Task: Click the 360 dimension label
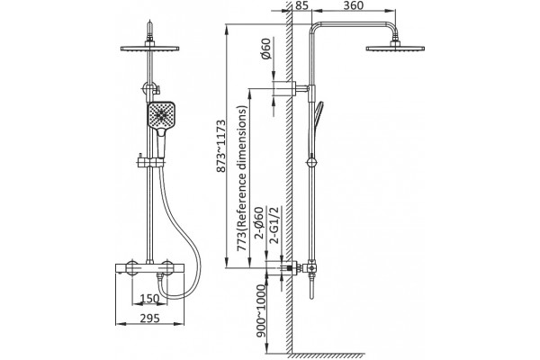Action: point(354,6)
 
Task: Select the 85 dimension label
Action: point(302,6)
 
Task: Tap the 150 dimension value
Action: point(149,298)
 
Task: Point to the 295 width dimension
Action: point(149,319)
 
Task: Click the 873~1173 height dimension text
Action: point(221,146)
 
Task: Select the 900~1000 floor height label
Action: point(262,310)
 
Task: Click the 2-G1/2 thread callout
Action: point(275,225)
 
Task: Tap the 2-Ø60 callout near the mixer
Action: point(259,223)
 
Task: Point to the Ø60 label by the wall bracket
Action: point(266,49)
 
